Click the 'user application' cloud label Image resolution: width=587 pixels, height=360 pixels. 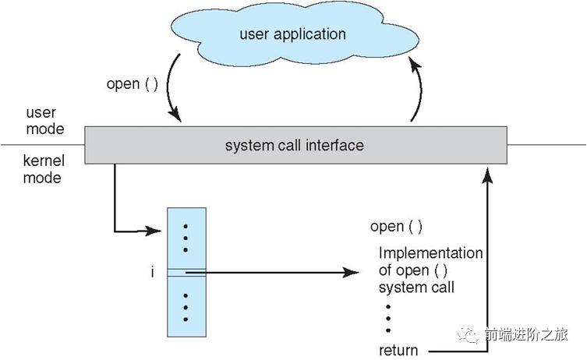tap(292, 34)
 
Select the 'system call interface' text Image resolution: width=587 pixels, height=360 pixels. tap(294, 145)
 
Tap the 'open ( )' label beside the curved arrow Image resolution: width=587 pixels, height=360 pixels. tap(133, 84)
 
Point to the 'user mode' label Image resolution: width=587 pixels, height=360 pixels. tap(45, 121)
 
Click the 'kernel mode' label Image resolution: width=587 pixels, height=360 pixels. tap(44, 169)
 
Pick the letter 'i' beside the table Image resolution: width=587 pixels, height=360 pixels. tap(152, 272)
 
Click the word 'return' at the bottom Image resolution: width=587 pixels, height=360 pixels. tap(398, 351)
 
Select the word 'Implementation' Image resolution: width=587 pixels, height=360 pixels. tap(430, 253)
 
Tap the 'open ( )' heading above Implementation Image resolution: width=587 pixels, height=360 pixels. tap(396, 227)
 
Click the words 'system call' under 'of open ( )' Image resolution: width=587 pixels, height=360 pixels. tap(416, 288)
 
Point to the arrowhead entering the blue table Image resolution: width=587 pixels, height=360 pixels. tap(153, 231)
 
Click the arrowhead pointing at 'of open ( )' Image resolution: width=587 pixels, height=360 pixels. tap(351, 273)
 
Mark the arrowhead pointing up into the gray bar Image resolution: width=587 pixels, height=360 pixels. tap(487, 175)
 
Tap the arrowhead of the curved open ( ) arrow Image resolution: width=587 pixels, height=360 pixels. tap(175, 115)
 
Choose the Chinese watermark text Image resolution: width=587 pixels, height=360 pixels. tap(526, 334)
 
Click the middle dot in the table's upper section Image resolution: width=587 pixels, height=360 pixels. tap(186, 238)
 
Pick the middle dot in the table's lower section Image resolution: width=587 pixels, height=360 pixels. tap(186, 308)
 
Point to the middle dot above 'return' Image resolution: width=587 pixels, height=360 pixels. tap(388, 319)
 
